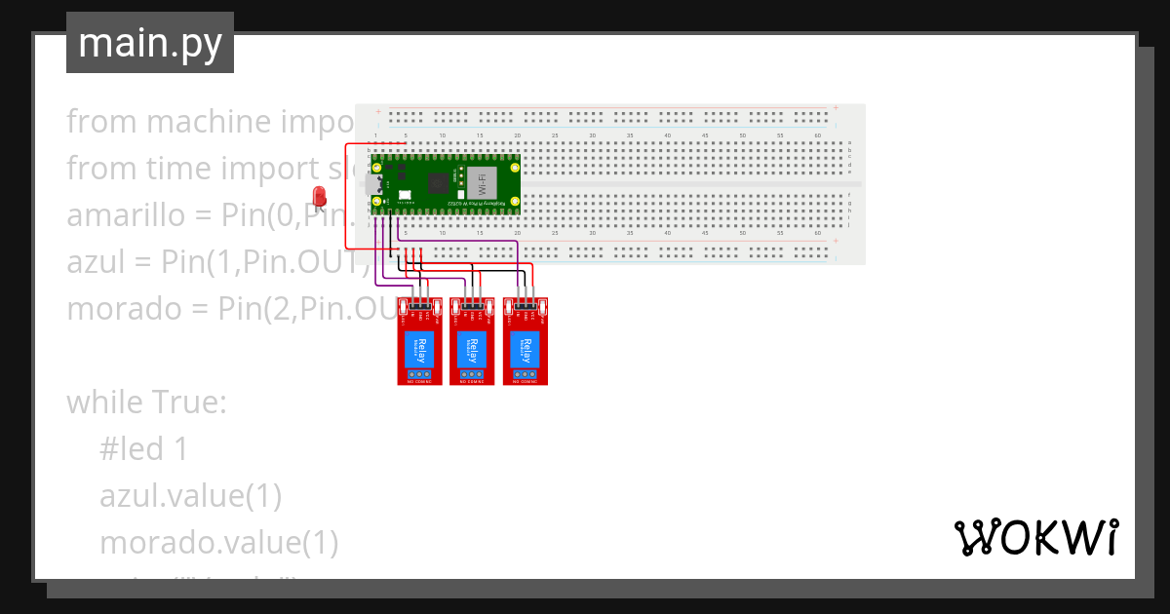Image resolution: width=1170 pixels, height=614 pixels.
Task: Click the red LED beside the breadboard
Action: pos(319,197)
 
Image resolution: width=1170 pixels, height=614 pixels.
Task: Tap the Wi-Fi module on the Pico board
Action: pos(480,181)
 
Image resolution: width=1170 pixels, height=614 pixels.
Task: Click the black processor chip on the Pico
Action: pos(440,181)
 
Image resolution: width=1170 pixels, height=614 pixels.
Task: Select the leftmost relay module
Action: pos(420,341)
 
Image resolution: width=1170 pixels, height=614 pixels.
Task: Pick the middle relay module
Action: pos(473,341)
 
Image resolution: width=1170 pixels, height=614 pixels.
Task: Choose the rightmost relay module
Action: pos(526,341)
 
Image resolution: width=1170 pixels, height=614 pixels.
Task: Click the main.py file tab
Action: pos(150,43)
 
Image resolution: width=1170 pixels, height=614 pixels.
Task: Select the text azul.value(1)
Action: pos(190,496)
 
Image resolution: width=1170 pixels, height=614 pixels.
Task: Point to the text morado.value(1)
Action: pos(218,543)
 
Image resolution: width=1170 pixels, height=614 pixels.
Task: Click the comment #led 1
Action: pos(143,449)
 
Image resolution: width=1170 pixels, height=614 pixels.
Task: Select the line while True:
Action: pos(146,403)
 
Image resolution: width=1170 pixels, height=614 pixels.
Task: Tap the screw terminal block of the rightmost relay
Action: pos(526,373)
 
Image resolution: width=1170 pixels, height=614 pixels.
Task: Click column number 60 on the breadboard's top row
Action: pos(817,135)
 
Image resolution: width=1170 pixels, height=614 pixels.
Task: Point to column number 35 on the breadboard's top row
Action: pos(630,135)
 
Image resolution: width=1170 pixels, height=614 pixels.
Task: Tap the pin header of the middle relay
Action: pos(473,306)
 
